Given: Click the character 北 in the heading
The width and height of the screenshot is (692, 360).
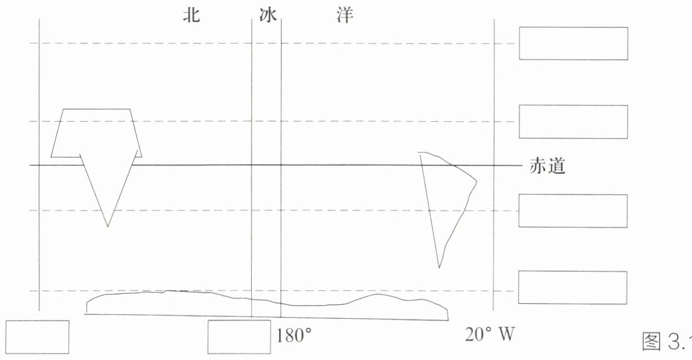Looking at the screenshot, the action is (x=191, y=16).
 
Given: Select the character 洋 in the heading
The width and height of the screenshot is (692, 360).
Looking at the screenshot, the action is (x=345, y=16).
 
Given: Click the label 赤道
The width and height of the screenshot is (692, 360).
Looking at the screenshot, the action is (x=547, y=166).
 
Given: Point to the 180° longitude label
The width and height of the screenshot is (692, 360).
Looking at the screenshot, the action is (x=295, y=336).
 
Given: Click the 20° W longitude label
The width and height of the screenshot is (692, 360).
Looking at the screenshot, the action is (x=490, y=334).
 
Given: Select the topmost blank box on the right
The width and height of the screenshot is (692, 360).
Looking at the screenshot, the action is (x=573, y=43).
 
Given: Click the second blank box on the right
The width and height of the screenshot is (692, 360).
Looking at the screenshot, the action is (x=573, y=122).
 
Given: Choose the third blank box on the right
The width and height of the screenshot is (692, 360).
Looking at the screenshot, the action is (x=573, y=211).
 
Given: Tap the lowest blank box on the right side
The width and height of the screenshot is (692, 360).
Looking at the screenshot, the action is (x=573, y=287).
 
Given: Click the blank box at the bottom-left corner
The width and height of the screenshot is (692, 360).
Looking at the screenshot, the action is (x=37, y=337).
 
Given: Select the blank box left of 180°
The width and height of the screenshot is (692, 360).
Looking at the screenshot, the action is (x=239, y=337).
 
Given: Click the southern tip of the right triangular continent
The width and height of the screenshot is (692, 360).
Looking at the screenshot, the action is (x=439, y=268).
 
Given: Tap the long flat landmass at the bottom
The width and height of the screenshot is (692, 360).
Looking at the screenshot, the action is (x=267, y=305).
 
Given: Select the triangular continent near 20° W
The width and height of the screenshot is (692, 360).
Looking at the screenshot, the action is (x=447, y=197).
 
